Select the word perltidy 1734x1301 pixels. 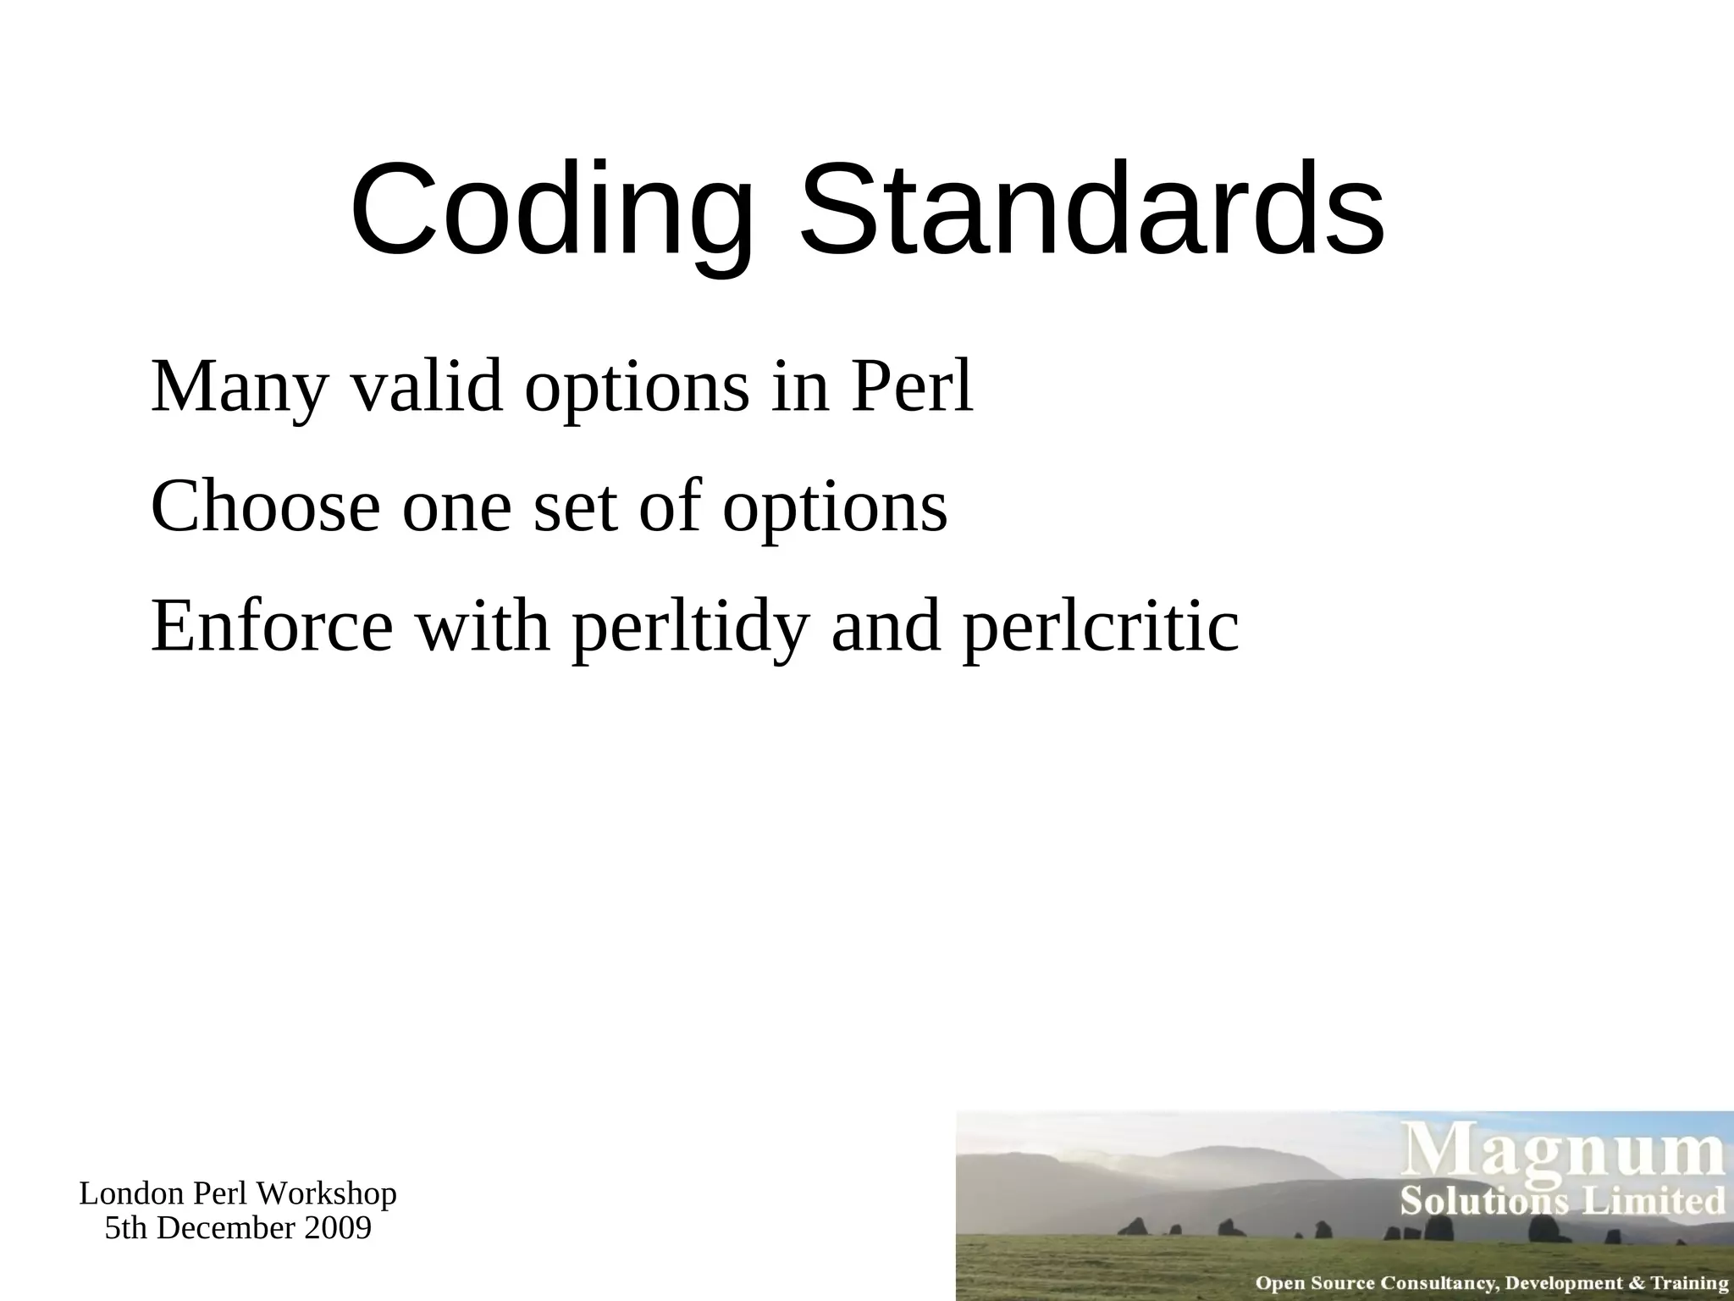690,628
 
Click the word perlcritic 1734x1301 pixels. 1101,628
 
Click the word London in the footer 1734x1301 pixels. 132,1194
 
